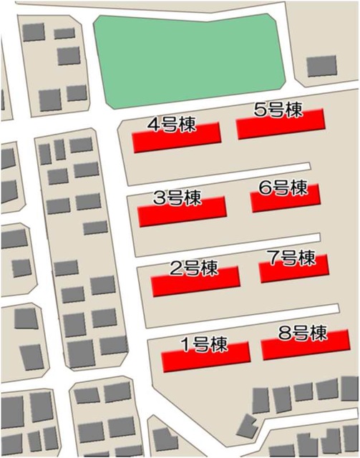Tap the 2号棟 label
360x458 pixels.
tap(194, 269)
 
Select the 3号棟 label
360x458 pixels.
tap(177, 198)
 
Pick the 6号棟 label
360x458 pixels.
tap(283, 188)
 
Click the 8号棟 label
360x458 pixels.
tap(303, 333)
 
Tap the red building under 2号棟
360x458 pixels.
tap(195, 283)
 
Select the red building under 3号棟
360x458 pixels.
tap(182, 212)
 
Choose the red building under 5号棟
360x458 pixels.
tap(281, 125)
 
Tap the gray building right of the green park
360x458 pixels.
tap(321, 66)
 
